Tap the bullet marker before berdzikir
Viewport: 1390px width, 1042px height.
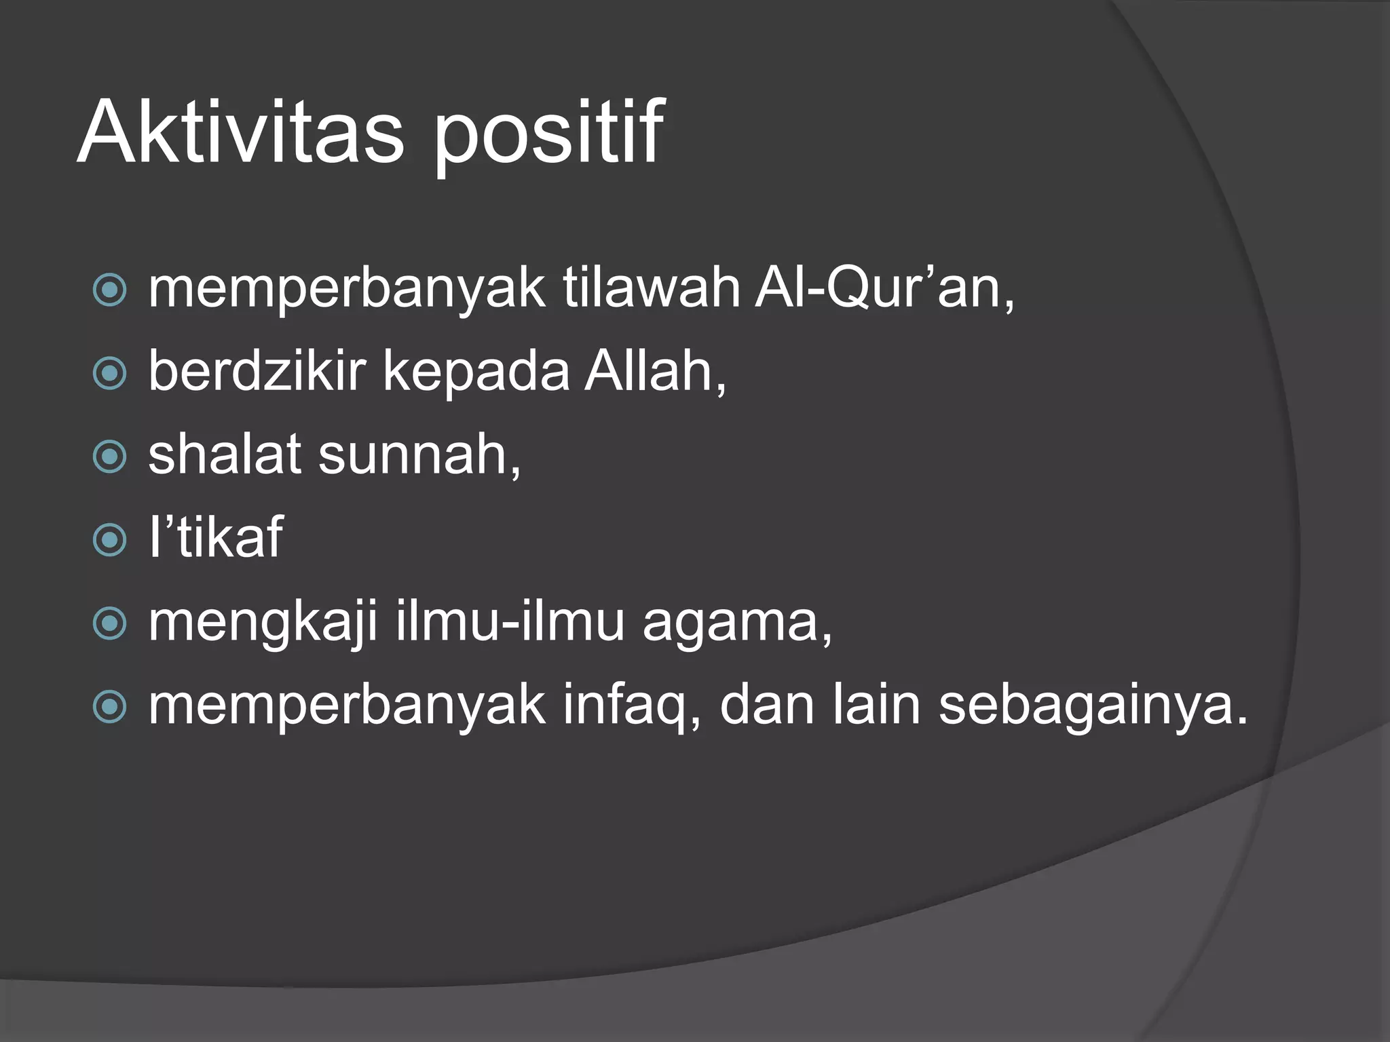pyautogui.click(x=109, y=374)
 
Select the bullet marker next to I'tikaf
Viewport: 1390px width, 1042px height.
pyautogui.click(x=109, y=541)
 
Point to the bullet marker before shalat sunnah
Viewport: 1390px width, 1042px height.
pyautogui.click(x=109, y=457)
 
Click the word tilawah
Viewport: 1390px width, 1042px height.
pyautogui.click(x=651, y=289)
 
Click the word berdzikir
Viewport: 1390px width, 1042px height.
pyautogui.click(x=257, y=372)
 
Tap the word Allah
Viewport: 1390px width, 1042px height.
pyautogui.click(x=653, y=372)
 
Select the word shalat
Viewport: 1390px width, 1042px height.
pyautogui.click(x=225, y=456)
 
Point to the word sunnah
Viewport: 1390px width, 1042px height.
pyautogui.click(x=418, y=456)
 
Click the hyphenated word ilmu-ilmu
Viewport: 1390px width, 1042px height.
pyautogui.click(x=509, y=623)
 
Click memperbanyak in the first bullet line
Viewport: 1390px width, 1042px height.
pyautogui.click(x=346, y=290)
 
